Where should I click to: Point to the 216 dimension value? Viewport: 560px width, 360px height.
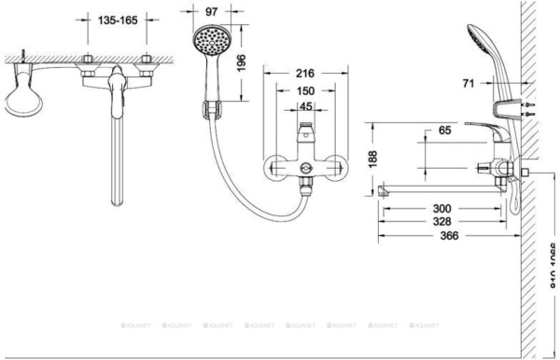pos(304,73)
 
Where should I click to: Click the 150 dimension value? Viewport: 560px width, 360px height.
pos(304,90)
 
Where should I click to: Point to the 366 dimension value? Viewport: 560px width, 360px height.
pos(449,237)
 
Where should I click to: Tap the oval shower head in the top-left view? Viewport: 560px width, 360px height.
pos(25,95)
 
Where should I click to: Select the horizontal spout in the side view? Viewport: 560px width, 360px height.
pos(439,190)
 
